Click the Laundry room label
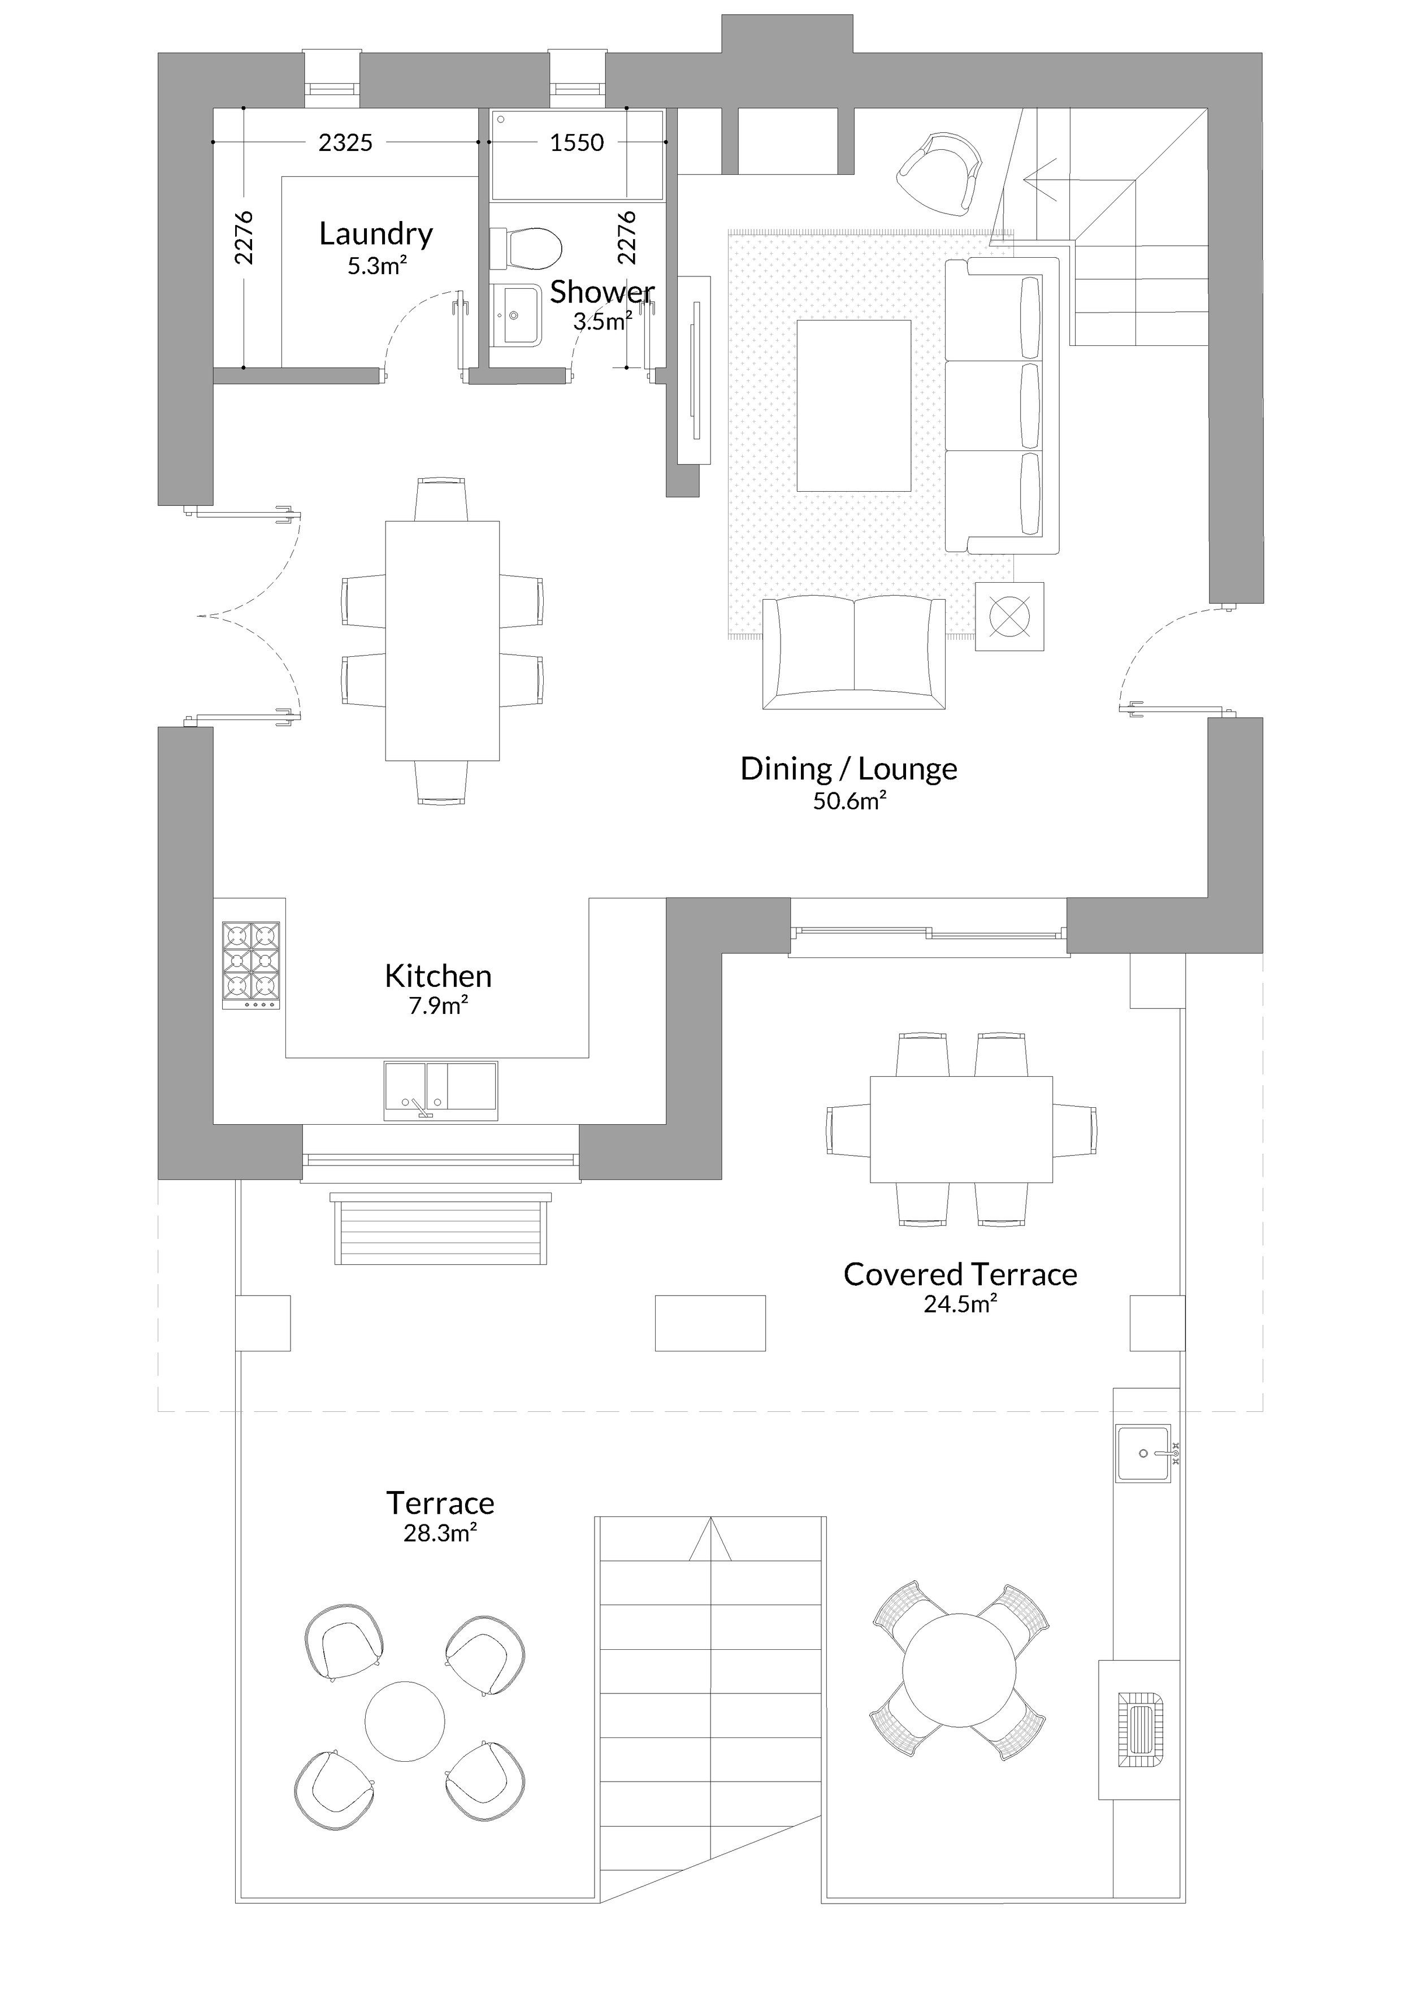point(376,233)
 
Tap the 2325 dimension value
point(345,142)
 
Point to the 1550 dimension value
point(577,142)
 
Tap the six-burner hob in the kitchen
point(250,965)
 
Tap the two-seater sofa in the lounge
point(853,653)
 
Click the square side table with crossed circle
point(1009,616)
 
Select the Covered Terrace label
point(961,1274)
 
